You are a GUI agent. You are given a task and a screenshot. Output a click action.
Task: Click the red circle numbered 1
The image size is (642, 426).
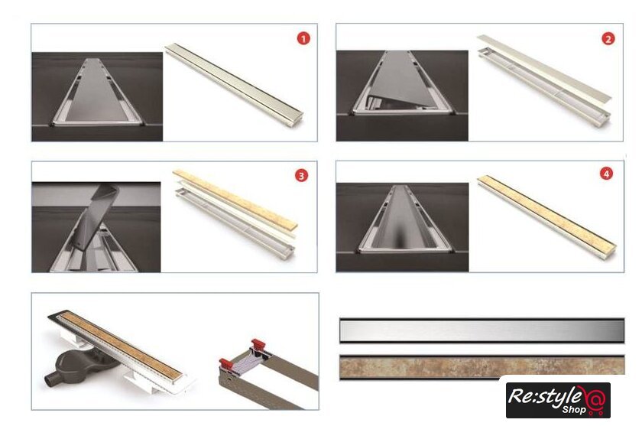click(x=303, y=38)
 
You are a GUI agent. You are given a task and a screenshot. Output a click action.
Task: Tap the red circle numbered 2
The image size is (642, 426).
click(x=608, y=39)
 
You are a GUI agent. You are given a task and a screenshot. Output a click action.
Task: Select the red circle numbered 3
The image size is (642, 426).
click(x=301, y=176)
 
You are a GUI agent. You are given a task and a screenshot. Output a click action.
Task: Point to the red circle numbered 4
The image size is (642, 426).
click(x=606, y=174)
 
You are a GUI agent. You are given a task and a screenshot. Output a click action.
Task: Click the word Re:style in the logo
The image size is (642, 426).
click(x=544, y=396)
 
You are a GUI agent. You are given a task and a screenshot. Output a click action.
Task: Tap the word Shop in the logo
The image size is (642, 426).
click(x=574, y=409)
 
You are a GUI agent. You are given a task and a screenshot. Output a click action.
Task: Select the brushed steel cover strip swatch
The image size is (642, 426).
click(x=482, y=330)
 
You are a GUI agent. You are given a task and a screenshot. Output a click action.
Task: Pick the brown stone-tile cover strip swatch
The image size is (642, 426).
click(x=482, y=366)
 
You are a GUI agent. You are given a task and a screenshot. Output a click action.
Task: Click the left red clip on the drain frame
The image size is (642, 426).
click(x=226, y=363)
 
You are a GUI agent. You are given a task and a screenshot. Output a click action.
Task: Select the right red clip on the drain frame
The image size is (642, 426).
click(x=258, y=344)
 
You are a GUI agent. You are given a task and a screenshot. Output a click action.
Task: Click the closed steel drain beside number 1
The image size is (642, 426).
click(x=234, y=85)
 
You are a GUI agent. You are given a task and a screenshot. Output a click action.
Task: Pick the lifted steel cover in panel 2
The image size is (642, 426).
click(x=544, y=68)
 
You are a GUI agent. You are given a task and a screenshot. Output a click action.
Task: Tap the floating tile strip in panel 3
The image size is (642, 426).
click(x=235, y=199)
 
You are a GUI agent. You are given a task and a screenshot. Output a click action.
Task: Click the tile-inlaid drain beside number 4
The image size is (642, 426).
click(x=547, y=216)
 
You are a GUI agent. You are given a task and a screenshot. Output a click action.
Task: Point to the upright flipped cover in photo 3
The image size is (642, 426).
click(x=96, y=217)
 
